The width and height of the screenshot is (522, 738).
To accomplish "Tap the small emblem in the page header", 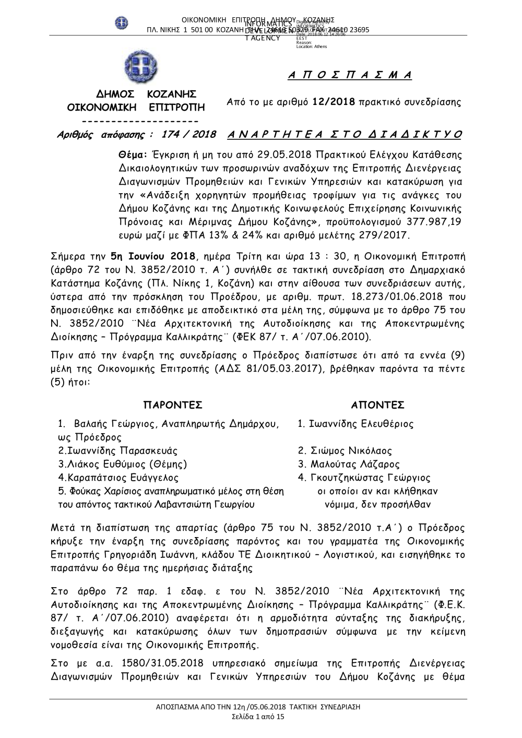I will coord(122,23).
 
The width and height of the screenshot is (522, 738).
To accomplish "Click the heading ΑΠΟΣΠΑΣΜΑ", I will coord(350,75).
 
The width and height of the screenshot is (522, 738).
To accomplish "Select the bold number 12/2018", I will coord(334,102).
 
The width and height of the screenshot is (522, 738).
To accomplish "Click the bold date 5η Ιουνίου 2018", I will coord(152,256).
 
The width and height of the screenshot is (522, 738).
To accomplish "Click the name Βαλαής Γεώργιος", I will coord(115,423).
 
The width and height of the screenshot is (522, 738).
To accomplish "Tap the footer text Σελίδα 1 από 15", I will coord(258,718).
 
